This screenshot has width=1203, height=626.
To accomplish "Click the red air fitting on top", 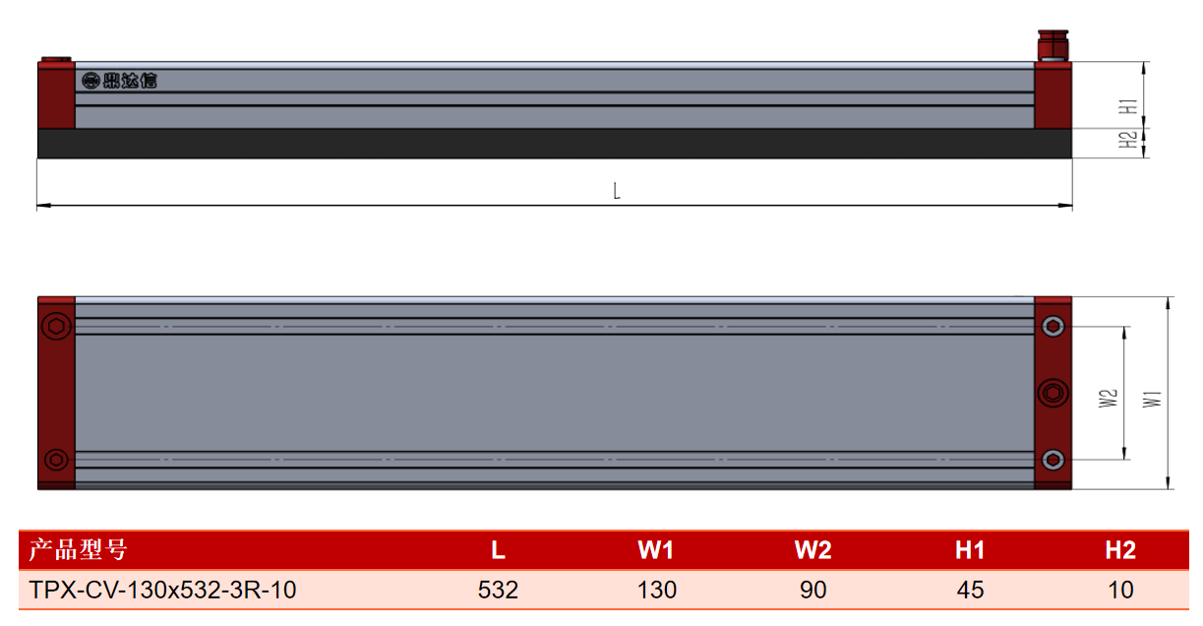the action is click(x=1053, y=45).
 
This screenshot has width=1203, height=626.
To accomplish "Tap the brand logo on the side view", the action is click(x=119, y=81).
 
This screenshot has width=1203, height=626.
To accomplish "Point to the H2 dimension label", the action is click(x=1128, y=140).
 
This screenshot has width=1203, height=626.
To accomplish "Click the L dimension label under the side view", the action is click(x=617, y=191).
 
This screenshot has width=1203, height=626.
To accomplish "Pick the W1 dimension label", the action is click(x=1152, y=400).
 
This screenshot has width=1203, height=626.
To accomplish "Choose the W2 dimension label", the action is click(x=1109, y=399).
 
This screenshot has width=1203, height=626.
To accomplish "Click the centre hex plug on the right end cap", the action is click(x=1053, y=394).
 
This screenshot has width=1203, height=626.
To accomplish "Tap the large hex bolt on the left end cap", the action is click(x=56, y=326).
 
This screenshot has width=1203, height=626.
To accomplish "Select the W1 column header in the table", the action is click(x=656, y=549).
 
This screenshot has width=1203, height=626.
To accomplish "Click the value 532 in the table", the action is click(x=498, y=590).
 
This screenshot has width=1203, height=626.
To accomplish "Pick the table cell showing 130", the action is click(x=656, y=590).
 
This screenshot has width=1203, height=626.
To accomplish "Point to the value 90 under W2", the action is click(x=812, y=590).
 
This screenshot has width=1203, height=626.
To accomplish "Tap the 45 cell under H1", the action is click(x=970, y=590).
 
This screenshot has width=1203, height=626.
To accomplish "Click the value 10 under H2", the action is click(x=1120, y=590).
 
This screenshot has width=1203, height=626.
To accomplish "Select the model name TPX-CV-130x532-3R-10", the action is click(x=162, y=590).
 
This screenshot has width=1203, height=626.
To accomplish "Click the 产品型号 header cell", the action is click(x=78, y=549).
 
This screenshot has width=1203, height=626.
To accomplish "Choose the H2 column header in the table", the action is click(x=1120, y=549).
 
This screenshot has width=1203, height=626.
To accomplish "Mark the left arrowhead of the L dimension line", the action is click(x=43, y=206).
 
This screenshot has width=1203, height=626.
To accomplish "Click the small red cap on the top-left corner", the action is click(x=56, y=59).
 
